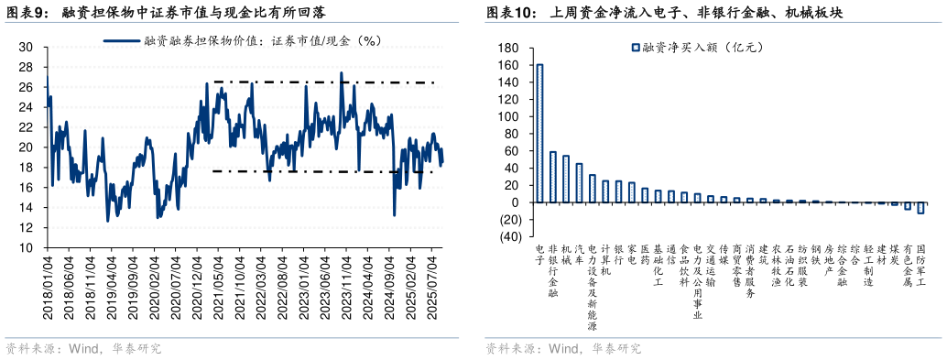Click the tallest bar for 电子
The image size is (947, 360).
(539, 133)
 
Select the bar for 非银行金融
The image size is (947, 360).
(552, 177)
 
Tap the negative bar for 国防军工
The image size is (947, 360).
(920, 208)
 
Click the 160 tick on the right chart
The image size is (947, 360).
(508, 65)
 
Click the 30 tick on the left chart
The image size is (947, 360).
(27, 47)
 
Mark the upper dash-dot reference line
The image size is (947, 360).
(321, 82)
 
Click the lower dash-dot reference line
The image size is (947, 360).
(321, 171)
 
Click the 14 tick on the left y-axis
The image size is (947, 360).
(27, 207)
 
